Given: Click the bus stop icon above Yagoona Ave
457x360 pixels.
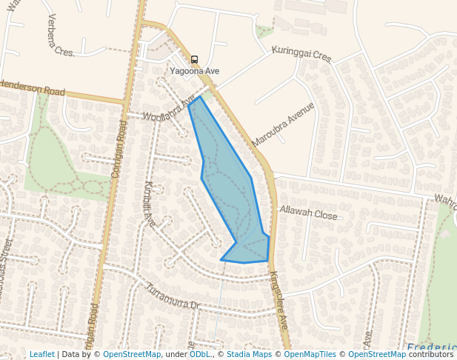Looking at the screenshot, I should tap(195, 59).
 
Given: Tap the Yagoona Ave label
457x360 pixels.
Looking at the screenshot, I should tap(195, 71).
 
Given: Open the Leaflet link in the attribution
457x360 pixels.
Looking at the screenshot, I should tap(42, 354).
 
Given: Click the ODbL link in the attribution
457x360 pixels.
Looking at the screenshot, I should tap(199, 354).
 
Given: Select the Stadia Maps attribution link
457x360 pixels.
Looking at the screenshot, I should tap(247, 354).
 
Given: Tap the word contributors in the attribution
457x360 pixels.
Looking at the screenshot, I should tap(430, 354).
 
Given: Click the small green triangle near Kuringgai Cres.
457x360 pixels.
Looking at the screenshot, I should tap(264, 32).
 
